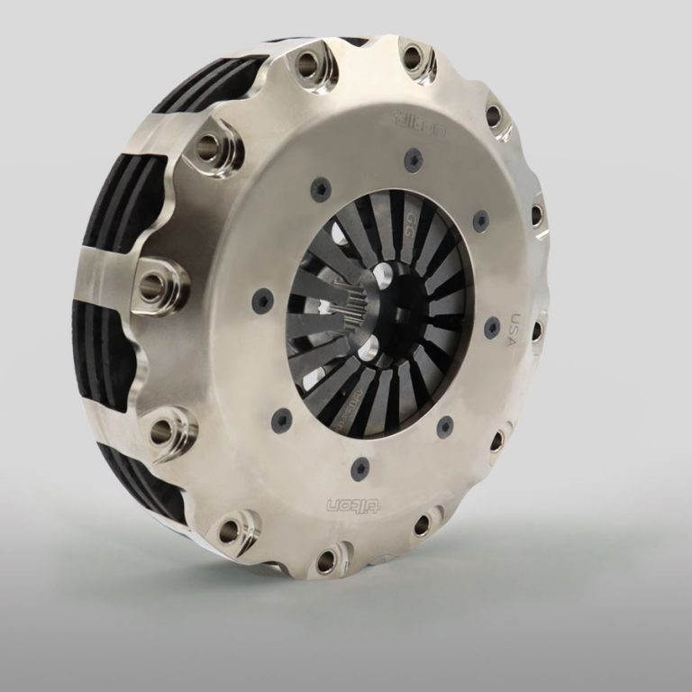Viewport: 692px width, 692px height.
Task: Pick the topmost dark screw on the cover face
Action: click(x=414, y=161)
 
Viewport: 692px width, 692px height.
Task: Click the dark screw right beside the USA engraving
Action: click(x=492, y=327)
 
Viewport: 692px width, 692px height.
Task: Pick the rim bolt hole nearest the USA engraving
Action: click(x=538, y=330)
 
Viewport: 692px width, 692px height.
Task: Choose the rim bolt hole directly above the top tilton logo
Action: click(x=412, y=59)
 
